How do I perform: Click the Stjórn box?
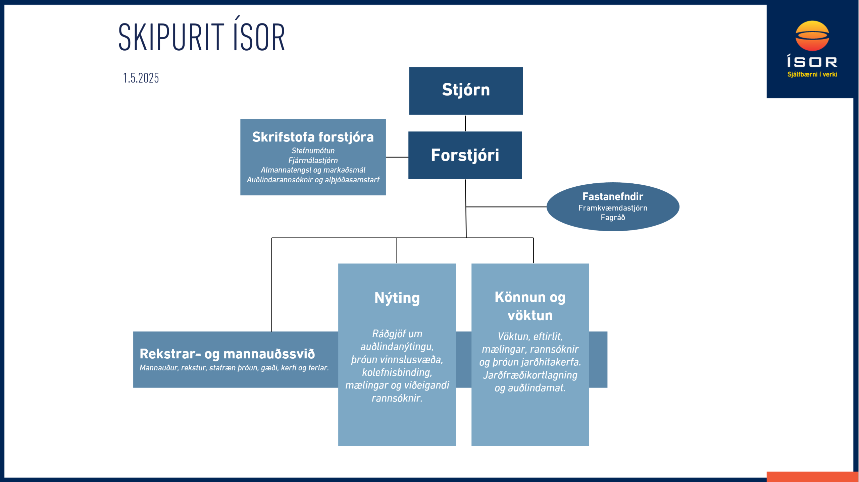point(466,91)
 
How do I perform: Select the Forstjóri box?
point(465,155)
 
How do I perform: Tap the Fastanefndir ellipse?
point(613,206)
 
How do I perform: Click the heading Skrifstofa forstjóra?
point(313,137)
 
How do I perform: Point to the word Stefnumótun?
point(313,150)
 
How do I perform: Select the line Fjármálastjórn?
point(313,160)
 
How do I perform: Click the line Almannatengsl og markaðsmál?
point(313,170)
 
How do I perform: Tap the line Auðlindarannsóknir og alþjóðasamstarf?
point(313,180)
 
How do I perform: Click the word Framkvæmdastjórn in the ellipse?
point(613,208)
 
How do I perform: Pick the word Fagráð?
point(613,218)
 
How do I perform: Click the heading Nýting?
point(397,298)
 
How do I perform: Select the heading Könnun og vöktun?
point(530,306)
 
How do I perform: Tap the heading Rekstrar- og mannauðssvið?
point(227,354)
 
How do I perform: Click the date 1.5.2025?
point(141,78)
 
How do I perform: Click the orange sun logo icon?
point(812,36)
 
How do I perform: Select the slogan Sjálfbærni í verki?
point(812,74)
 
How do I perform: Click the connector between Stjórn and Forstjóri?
point(465,123)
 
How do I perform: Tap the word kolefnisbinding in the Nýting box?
point(397,372)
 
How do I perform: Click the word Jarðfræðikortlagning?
point(530,375)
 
